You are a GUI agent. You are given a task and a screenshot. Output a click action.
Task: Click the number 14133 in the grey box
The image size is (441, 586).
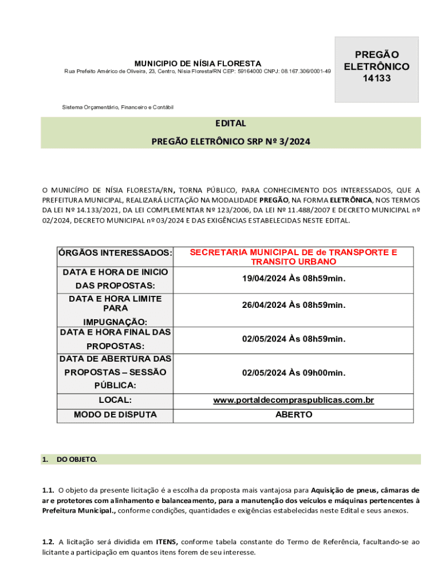pos(376,78)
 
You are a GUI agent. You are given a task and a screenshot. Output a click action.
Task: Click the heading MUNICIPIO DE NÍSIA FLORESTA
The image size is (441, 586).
pos(198,64)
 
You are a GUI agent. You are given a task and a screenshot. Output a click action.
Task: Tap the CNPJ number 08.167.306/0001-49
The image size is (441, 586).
pos(306,72)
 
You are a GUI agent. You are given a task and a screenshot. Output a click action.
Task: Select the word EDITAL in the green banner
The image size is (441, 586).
pos(230,123)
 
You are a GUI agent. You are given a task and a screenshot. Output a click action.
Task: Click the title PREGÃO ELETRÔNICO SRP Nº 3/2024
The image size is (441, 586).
pos(230,141)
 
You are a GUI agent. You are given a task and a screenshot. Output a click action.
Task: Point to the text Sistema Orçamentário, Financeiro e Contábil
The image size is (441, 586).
pos(117,108)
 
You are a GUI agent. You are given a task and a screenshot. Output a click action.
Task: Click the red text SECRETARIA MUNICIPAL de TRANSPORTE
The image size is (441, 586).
pos(293,252)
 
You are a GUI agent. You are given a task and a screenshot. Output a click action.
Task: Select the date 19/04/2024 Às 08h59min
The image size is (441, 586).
pos(293,279)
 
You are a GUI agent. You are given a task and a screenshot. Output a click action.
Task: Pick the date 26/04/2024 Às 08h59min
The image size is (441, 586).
pos(293,305)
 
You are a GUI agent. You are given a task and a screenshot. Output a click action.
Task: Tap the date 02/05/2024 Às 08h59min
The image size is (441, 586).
pos(293,339)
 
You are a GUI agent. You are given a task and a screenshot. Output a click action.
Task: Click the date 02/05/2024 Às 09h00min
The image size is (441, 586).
pos(293,373)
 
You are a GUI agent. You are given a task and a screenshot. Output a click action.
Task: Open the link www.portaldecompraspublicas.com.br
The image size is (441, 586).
pos(293,401)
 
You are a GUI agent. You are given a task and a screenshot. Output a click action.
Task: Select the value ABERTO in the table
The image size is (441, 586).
pos(293,414)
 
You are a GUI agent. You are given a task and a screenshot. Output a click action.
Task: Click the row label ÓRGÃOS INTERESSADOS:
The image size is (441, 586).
pos(115,253)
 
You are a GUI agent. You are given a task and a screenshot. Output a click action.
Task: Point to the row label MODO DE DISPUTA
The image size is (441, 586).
pos(115,414)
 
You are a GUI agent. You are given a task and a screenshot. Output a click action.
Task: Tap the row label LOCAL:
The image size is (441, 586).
pos(115,401)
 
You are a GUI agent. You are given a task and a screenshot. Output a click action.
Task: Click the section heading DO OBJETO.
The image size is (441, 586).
pos(77,460)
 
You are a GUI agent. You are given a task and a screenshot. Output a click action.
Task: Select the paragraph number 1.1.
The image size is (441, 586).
pos(48,490)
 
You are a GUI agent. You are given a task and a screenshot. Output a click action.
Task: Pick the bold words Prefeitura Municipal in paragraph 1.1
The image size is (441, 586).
pos(79,510)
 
